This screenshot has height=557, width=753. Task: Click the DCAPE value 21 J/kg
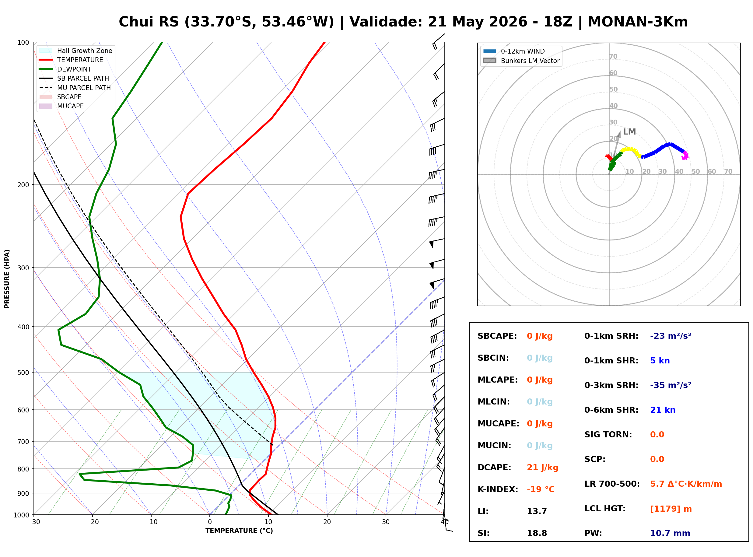click(543, 468)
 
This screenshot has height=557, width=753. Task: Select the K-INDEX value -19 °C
click(541, 489)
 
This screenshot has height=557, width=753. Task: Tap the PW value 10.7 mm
click(670, 533)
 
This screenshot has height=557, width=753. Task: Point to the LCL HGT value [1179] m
click(671, 509)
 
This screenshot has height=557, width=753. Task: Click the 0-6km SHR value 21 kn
click(663, 410)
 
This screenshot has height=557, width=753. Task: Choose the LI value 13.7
click(537, 511)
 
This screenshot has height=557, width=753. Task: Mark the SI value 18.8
click(537, 533)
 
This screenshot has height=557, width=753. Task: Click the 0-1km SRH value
click(671, 336)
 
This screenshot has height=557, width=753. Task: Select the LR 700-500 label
click(612, 484)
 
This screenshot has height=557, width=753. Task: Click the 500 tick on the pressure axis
click(23, 373)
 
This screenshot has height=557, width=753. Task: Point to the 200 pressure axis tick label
click(23, 185)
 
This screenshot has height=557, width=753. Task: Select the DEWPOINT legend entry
click(65, 69)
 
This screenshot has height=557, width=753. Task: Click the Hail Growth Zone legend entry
click(76, 51)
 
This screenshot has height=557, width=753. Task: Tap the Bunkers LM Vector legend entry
click(521, 61)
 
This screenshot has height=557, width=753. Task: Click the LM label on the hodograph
click(629, 132)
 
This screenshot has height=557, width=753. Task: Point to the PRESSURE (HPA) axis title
click(7, 279)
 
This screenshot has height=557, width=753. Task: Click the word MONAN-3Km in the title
click(638, 22)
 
